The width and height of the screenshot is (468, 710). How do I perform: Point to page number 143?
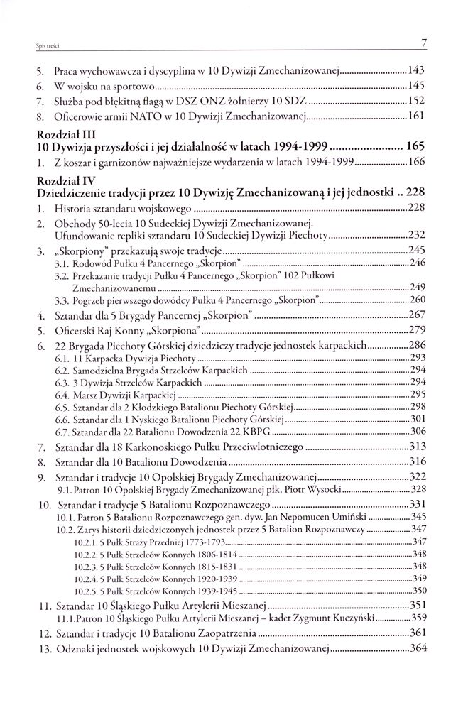pos(416,72)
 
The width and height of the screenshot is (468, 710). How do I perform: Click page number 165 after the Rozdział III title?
pos(415,147)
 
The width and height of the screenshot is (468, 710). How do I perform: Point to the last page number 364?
pos(416,650)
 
